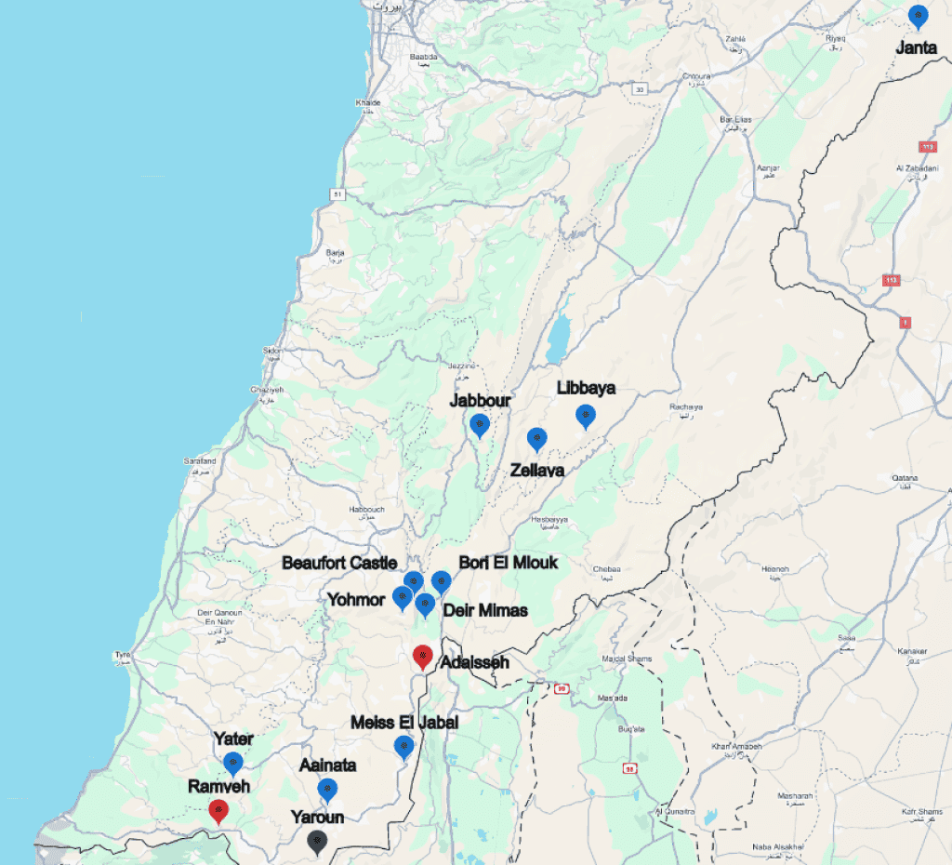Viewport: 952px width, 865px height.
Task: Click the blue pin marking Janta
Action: (x=918, y=17)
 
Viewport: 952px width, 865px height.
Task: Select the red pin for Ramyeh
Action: (x=218, y=810)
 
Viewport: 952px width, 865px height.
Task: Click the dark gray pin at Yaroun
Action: (x=318, y=842)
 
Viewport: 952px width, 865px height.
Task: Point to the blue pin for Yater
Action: (x=233, y=764)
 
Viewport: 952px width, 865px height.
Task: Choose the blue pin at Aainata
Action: (x=327, y=790)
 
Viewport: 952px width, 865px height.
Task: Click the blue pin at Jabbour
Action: (x=479, y=425)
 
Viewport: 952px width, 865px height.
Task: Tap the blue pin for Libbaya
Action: (x=585, y=416)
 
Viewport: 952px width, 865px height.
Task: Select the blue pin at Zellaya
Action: (x=536, y=439)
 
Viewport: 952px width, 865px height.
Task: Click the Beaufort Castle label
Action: (x=339, y=564)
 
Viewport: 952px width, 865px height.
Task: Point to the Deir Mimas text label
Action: (x=485, y=611)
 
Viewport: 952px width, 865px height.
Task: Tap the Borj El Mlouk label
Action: (x=509, y=564)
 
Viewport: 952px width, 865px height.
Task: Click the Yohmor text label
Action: (x=356, y=600)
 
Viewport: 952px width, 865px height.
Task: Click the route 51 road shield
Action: (x=337, y=193)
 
